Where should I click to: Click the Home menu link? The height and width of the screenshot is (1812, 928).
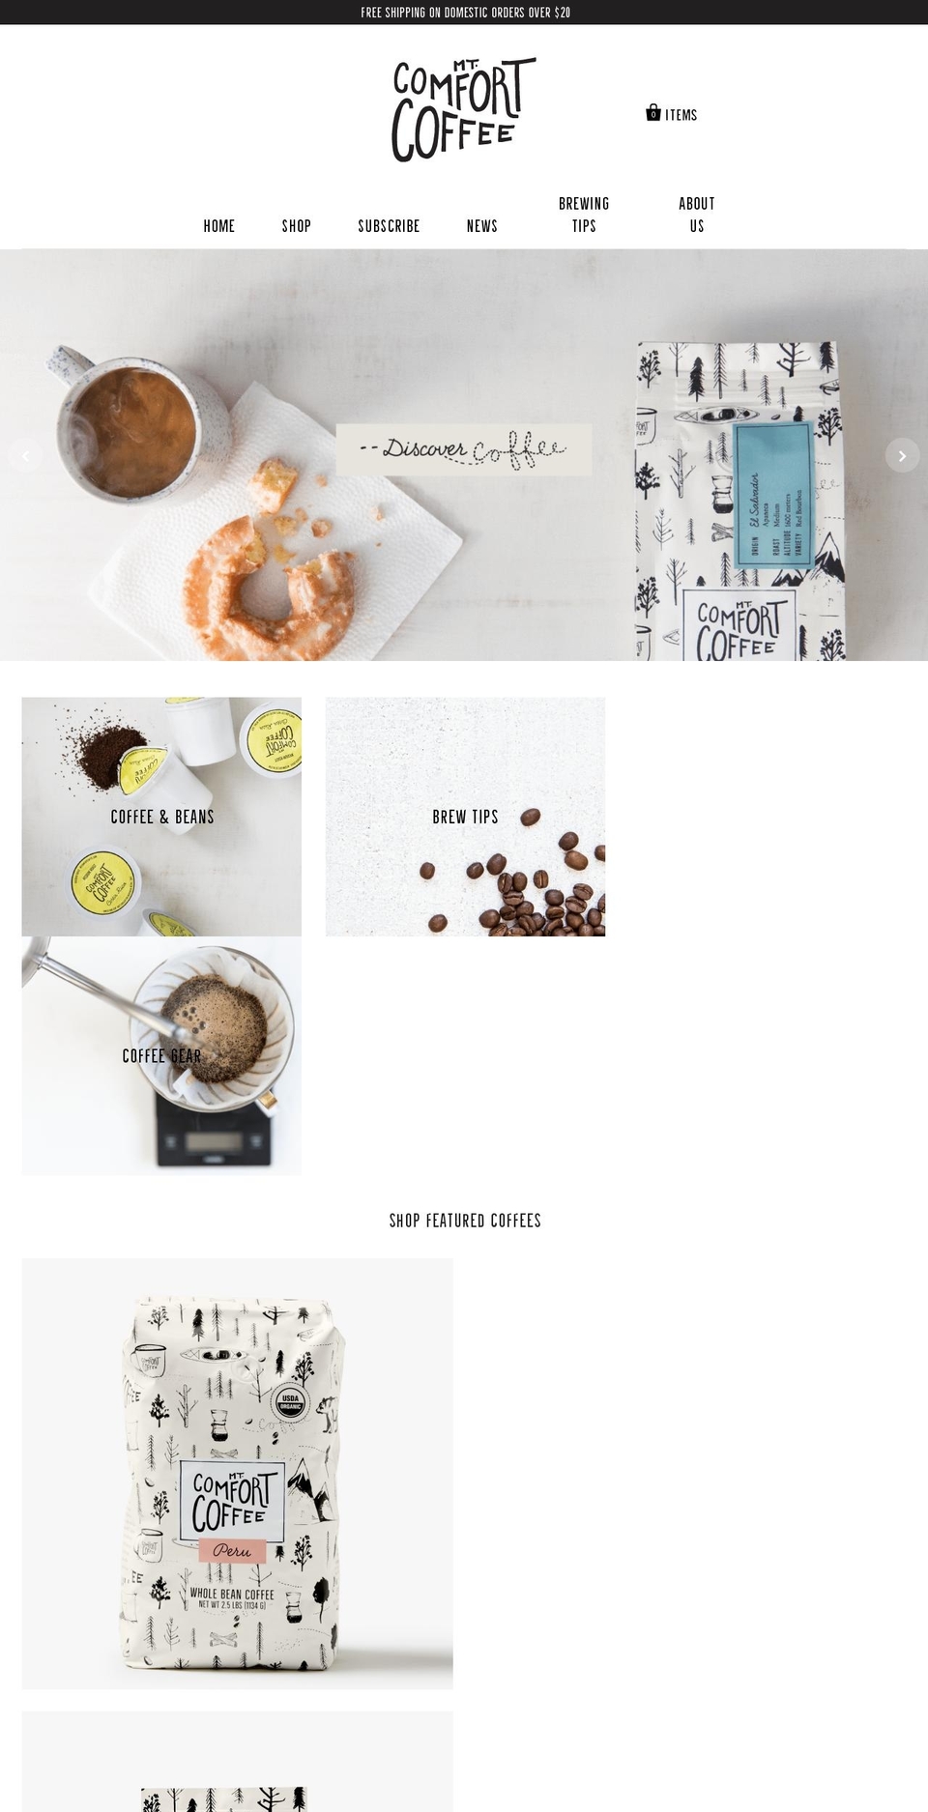tap(218, 226)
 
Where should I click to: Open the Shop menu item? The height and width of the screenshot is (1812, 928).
tap(296, 226)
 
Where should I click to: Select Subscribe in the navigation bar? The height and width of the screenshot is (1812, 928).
tap(389, 226)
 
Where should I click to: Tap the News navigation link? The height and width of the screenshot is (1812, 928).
tap(481, 226)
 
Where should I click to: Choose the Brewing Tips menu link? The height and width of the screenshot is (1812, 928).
tap(584, 215)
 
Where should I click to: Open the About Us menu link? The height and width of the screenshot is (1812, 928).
tap(696, 215)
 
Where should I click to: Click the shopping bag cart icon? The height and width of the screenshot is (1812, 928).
tap(653, 113)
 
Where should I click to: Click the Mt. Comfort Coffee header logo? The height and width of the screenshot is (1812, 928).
tap(462, 109)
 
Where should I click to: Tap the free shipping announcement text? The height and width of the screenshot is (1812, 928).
tap(465, 13)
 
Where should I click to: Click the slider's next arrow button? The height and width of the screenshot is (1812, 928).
tap(902, 455)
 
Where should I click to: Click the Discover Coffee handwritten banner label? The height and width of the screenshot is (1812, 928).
tap(463, 449)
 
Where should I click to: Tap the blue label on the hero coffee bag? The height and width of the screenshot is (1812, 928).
tap(773, 493)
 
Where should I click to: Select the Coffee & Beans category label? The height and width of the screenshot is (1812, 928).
tap(162, 817)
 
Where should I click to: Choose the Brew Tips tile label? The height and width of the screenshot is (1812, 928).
tap(465, 817)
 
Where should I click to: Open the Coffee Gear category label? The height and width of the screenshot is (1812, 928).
tap(161, 1056)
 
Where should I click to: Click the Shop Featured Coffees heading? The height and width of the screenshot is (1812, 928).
tap(465, 1221)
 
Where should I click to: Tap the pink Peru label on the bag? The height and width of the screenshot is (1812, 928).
tap(232, 1550)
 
